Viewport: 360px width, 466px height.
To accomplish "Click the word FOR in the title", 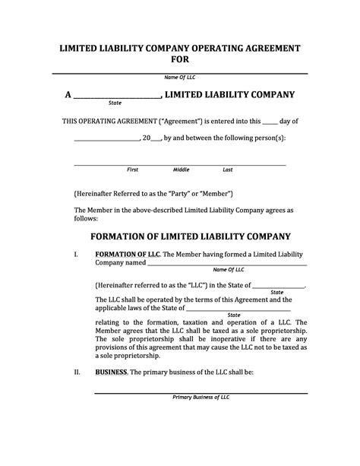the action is point(180,59).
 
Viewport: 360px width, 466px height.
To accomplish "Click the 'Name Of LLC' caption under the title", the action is point(180,78).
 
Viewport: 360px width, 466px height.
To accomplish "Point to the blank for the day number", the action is point(270,122).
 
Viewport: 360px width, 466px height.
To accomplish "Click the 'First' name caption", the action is point(132,170).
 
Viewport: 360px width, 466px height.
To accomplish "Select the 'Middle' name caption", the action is point(181,170).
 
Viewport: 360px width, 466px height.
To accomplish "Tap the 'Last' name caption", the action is point(227,170).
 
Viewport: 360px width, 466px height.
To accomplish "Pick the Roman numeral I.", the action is point(76,253).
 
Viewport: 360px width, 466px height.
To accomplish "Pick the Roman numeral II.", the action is point(77,372).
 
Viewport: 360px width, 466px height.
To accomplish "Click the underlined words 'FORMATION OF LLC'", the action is point(127,253).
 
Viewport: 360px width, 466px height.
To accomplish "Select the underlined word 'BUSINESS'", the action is point(111,372).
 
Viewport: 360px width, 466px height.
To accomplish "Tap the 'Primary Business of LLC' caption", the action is point(201,398).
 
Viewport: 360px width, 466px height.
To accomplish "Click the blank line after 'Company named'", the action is point(226,264).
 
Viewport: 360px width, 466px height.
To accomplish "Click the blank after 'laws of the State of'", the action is point(238,308).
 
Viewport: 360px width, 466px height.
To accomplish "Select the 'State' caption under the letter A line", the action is point(115,103).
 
